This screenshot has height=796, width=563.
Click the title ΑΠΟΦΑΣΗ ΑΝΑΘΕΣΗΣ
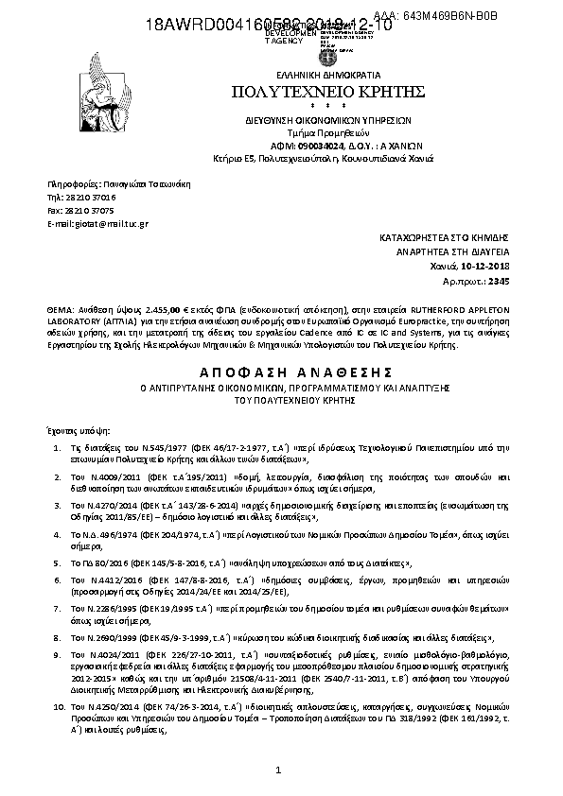tap(281, 372)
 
